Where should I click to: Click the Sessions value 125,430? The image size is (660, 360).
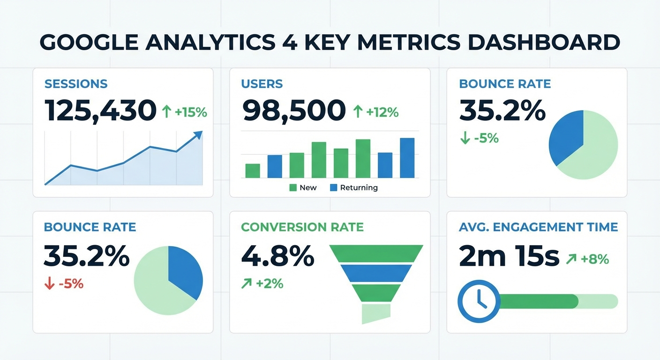point(101,111)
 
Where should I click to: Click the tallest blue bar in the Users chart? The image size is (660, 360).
point(407,158)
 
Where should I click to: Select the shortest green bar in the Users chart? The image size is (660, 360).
point(253,171)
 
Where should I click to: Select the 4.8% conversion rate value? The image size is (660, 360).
point(277,256)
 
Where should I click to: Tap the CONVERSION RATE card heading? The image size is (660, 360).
point(302,227)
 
